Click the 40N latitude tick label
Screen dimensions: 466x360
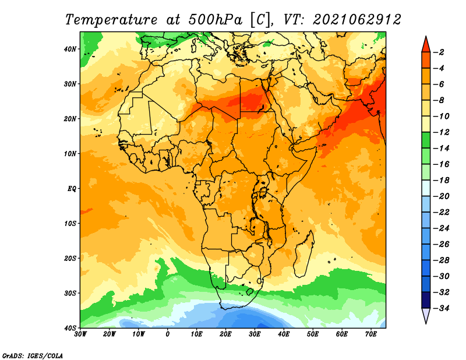pyautogui.click(x=70, y=49)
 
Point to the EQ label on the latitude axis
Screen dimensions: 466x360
pyautogui.click(x=72, y=189)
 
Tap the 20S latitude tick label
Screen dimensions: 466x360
pyautogui.click(x=70, y=258)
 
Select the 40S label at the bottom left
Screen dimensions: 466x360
pyautogui.click(x=70, y=328)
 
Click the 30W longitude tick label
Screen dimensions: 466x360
pyautogui.click(x=80, y=334)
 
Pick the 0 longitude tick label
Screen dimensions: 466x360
pyautogui.click(x=168, y=334)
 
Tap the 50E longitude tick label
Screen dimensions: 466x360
pyautogui.click(x=313, y=334)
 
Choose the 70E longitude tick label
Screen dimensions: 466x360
pyautogui.click(x=371, y=334)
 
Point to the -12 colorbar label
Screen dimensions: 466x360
pyautogui.click(x=442, y=132)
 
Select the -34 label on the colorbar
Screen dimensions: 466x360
pyautogui.click(x=442, y=308)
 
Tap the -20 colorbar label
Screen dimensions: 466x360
pyautogui.click(x=442, y=196)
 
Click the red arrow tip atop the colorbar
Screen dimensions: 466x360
pyautogui.click(x=426, y=37)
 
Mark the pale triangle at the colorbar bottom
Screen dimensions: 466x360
pyautogui.click(x=426, y=315)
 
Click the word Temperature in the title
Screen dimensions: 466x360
pyautogui.click(x=111, y=20)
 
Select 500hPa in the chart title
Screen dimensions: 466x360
pyautogui.click(x=216, y=20)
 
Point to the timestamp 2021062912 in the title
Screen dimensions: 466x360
pyautogui.click(x=357, y=20)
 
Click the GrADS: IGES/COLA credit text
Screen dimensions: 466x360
pyautogui.click(x=33, y=355)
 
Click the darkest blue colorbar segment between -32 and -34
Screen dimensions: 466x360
pyautogui.click(x=426, y=300)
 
